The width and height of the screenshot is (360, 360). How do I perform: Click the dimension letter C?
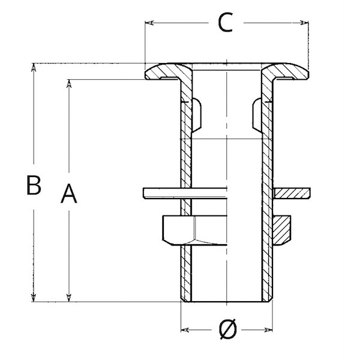click(x=225, y=23)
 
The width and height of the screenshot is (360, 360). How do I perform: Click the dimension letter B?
click(x=34, y=185)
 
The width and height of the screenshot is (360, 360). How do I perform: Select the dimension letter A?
click(x=68, y=193)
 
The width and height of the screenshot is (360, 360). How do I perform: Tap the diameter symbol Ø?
click(x=227, y=329)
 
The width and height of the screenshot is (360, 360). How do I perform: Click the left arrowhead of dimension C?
click(x=149, y=23)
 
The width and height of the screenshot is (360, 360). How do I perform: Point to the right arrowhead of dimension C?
click(x=304, y=23)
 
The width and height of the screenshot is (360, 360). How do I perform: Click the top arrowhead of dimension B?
click(x=34, y=67)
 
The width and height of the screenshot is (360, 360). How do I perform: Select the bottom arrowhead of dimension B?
click(x=34, y=297)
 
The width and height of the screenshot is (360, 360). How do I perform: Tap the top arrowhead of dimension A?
click(x=68, y=84)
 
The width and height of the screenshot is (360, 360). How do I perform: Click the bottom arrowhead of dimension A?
click(x=68, y=298)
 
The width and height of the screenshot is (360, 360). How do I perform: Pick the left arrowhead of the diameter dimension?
click(x=185, y=330)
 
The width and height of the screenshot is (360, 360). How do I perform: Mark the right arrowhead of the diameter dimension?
click(x=268, y=330)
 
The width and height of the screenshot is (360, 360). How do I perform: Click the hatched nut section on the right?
click(x=282, y=230)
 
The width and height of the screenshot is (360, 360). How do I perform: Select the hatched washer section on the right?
click(x=292, y=193)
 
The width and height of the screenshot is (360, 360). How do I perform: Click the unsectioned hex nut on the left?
click(x=194, y=230)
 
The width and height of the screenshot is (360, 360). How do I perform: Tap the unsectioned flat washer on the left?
click(x=185, y=193)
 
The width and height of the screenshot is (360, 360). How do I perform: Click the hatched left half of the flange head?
click(x=169, y=71)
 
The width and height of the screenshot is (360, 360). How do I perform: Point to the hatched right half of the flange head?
click(x=284, y=71)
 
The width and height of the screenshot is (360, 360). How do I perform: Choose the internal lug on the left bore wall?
click(x=197, y=115)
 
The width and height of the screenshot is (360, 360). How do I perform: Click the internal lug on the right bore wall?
click(x=257, y=115)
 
